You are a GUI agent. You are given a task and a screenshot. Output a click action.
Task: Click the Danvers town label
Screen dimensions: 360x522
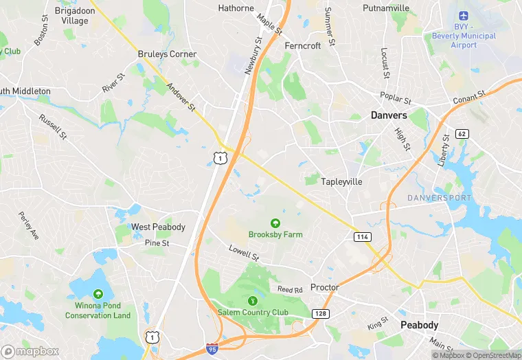pos(389,115)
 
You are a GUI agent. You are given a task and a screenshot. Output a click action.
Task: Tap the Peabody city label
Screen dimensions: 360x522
pos(420,325)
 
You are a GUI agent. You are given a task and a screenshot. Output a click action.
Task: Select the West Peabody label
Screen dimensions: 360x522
pos(159,227)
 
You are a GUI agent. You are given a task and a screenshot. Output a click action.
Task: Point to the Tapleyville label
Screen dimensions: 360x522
pos(342,182)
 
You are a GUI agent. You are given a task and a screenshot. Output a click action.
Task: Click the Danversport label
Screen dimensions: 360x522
pos(440,198)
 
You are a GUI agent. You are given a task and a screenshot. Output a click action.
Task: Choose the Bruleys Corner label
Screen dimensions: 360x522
pos(167,54)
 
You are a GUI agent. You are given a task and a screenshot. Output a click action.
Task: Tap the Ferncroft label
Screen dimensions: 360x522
pos(303,46)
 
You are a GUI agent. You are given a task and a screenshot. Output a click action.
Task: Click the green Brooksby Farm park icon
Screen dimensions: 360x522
pos(275,223)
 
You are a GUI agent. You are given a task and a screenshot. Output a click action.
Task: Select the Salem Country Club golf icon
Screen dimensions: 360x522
pos(253,300)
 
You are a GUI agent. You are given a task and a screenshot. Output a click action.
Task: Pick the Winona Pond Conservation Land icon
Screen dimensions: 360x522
pos(98,293)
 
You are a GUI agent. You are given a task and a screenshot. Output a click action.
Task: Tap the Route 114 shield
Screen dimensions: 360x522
pos(363,236)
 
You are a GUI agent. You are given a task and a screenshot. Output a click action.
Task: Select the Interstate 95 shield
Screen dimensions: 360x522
pos(213,349)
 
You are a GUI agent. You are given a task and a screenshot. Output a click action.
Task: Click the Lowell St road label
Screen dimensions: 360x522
pos(243,253)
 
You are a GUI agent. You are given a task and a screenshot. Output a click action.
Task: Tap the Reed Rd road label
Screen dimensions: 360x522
pos(290,290)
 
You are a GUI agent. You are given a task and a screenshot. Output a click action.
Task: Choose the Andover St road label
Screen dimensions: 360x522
pos(181,98)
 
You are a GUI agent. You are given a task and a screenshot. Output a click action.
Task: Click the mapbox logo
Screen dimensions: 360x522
pos(30,351)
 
